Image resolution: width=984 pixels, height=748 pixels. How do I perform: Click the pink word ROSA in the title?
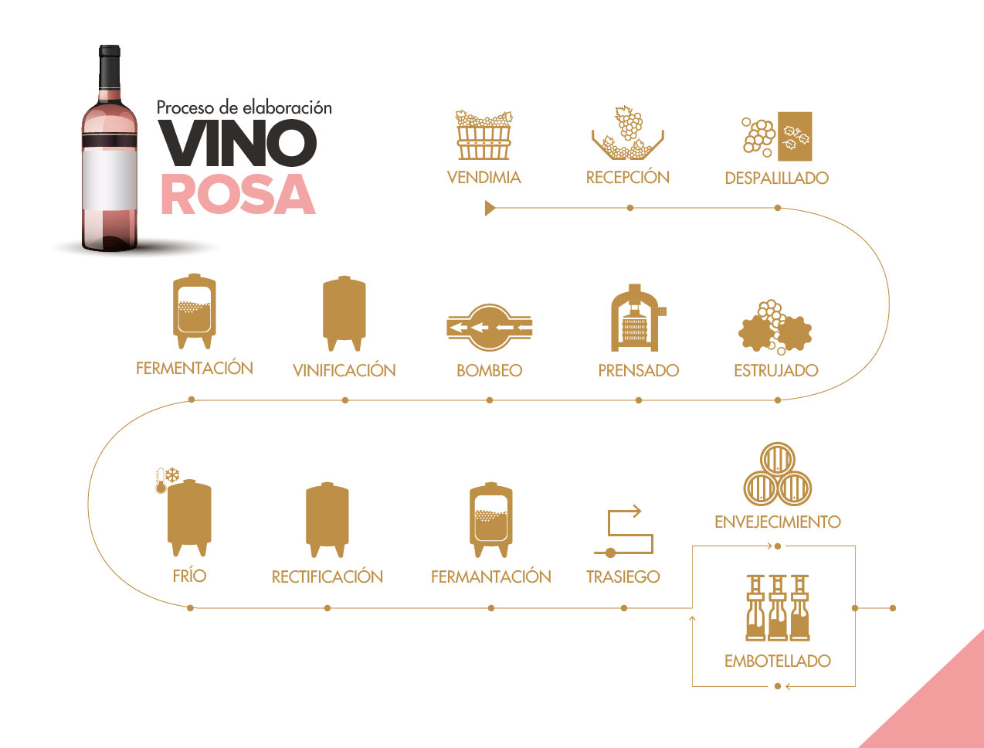coord(238,194)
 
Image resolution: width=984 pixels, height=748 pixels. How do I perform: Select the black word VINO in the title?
coord(238,144)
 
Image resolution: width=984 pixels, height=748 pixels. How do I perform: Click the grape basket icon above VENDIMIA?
coord(484,135)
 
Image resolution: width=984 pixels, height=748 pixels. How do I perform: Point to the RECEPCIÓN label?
coord(628,178)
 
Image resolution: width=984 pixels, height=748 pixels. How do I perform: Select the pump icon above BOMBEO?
coord(490,328)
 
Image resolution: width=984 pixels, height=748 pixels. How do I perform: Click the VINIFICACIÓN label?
coord(344,371)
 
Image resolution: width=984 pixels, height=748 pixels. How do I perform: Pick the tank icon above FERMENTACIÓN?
coord(194,311)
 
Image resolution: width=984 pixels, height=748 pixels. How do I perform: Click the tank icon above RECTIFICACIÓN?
coord(327,519)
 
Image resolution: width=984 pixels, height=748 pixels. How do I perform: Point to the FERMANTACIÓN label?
coord(491,577)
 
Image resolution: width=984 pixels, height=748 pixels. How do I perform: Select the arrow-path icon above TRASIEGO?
coord(625,532)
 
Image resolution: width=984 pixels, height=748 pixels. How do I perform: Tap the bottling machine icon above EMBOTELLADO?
coord(778,608)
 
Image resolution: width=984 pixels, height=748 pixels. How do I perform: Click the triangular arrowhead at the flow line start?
coord(490,208)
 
